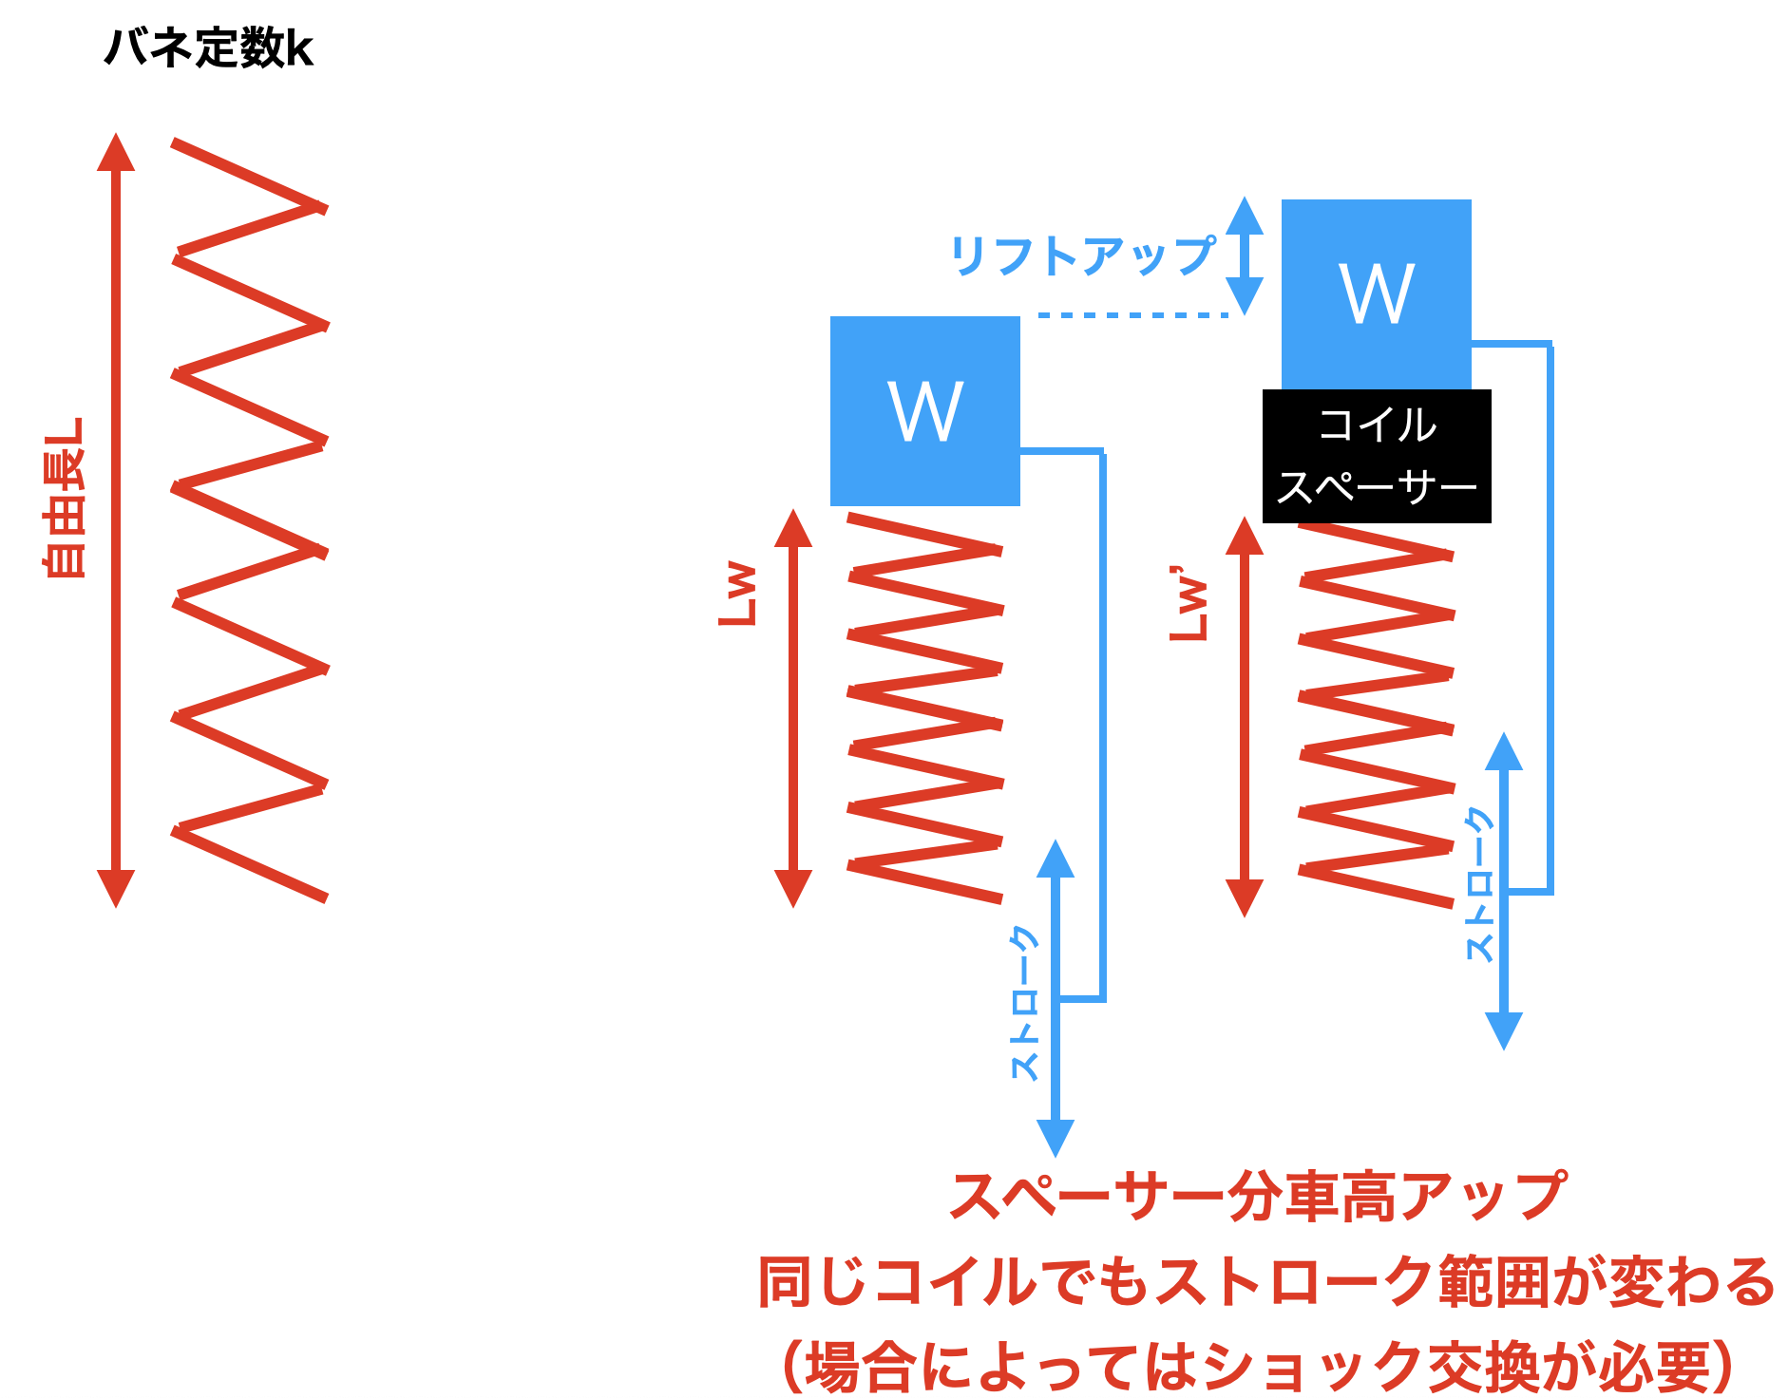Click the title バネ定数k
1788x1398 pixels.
click(208, 47)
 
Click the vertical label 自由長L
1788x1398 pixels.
click(65, 498)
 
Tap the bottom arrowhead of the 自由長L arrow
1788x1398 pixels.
click(116, 888)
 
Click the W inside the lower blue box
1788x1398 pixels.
click(924, 411)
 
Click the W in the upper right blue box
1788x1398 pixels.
click(1376, 294)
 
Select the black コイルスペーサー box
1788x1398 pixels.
click(1376, 456)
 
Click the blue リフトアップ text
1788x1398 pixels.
click(1082, 255)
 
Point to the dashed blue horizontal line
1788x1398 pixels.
click(1132, 314)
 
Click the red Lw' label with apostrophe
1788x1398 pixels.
click(1188, 605)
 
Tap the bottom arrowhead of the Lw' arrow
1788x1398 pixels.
click(1244, 897)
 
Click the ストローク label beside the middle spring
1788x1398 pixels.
click(1024, 1003)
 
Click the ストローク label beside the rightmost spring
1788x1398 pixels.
click(1479, 884)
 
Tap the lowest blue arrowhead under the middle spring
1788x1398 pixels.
click(1055, 1137)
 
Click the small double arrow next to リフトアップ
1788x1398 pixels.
click(1244, 255)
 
